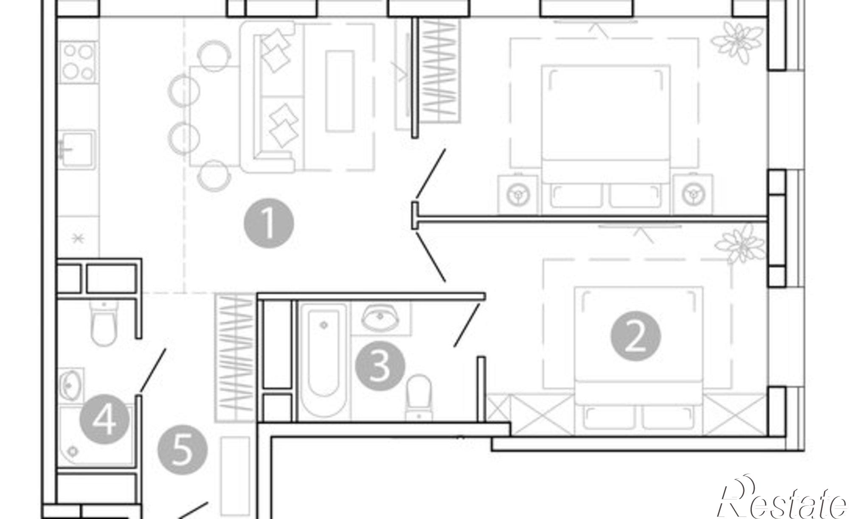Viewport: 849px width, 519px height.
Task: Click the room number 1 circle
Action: (x=269, y=223)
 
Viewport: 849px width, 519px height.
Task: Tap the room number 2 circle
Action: (x=635, y=336)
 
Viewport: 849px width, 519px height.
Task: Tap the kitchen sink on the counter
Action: (x=77, y=150)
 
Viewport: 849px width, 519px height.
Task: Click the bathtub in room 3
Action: (x=324, y=361)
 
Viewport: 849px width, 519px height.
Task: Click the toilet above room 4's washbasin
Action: (x=104, y=323)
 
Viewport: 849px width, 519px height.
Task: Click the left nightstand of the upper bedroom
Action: (x=518, y=194)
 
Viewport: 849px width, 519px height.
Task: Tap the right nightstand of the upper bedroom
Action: (x=693, y=194)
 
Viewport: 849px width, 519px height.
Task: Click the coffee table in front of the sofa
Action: (x=340, y=91)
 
